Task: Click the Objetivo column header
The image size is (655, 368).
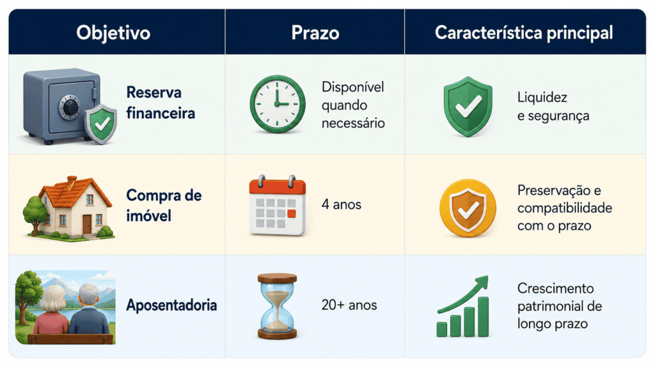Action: (x=113, y=33)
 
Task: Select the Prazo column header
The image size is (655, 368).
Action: (x=315, y=33)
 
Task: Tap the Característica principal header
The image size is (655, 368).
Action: (x=524, y=33)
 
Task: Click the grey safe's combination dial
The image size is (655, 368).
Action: (x=70, y=107)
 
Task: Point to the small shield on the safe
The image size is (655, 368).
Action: (x=100, y=124)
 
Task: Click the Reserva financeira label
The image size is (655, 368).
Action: (x=161, y=103)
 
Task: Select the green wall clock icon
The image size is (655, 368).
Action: (x=278, y=104)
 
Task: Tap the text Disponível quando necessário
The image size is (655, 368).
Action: (x=353, y=105)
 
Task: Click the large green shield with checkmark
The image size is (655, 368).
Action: (x=468, y=107)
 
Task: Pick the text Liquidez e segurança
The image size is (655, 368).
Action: (x=553, y=107)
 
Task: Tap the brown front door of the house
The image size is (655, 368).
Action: (x=87, y=224)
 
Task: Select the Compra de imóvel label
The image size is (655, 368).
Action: (x=164, y=205)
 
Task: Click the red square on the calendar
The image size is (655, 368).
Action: (x=292, y=214)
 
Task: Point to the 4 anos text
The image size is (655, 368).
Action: (x=342, y=204)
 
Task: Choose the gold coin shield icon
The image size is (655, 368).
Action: (x=468, y=208)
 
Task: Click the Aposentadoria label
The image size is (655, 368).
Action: (x=171, y=305)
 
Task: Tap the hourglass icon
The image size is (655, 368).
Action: (x=277, y=306)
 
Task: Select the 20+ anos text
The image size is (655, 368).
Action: (x=349, y=305)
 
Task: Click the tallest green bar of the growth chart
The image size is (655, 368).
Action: (x=484, y=317)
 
